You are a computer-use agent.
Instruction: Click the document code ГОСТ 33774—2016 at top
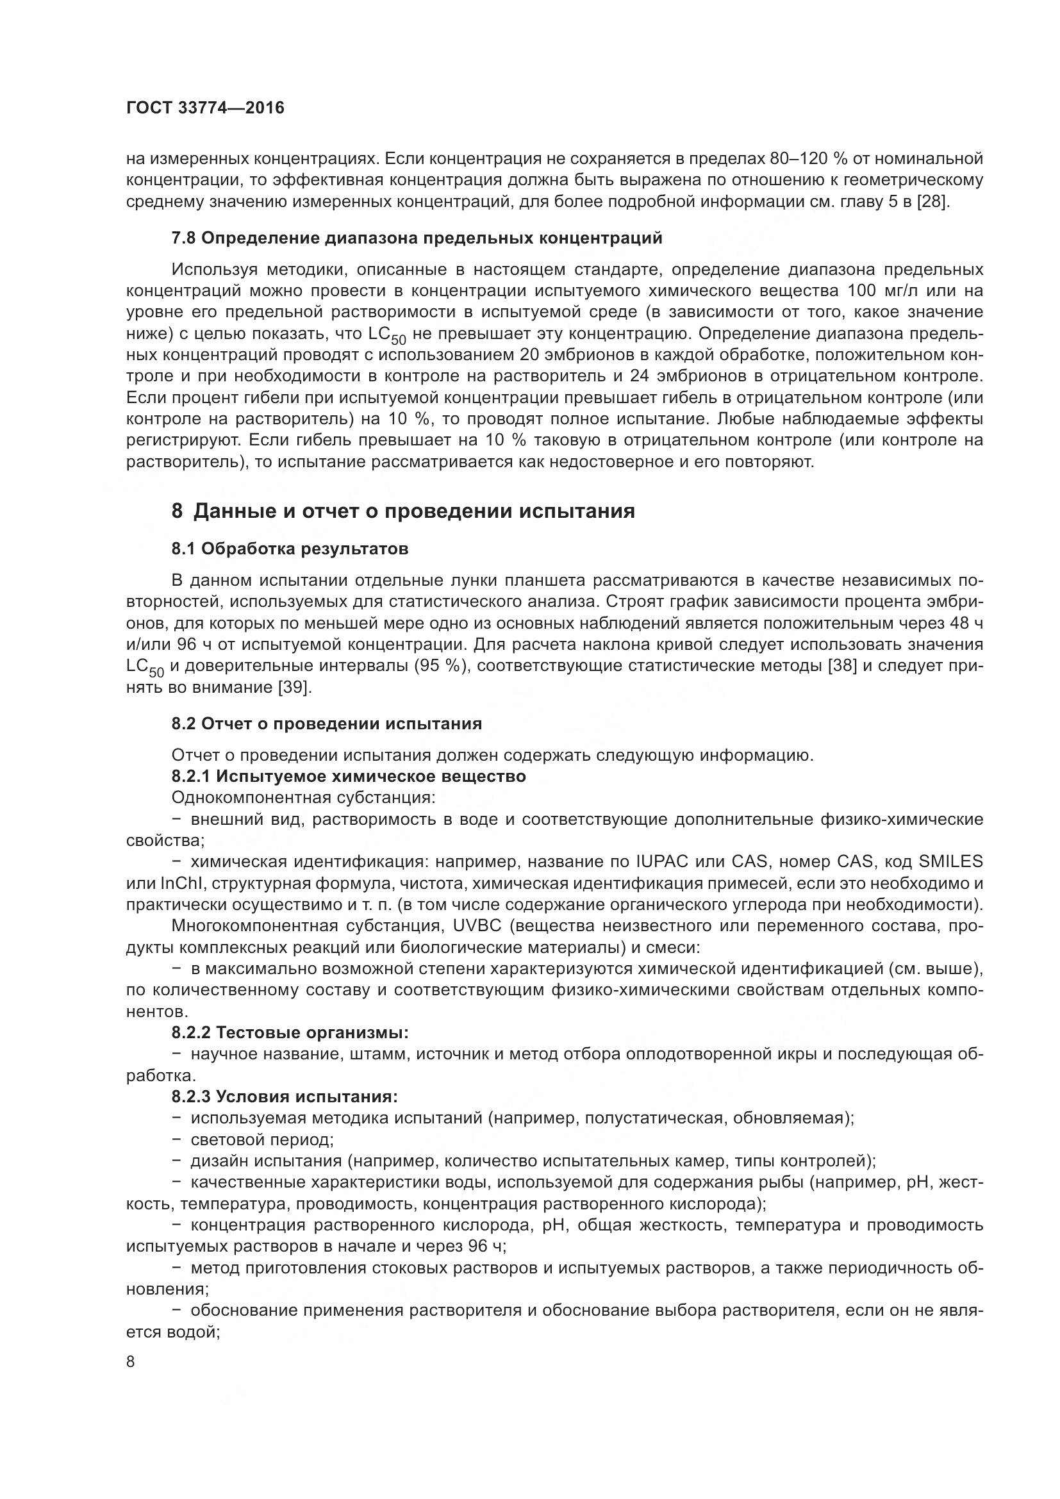(205, 108)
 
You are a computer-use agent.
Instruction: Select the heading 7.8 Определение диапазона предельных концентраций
(417, 238)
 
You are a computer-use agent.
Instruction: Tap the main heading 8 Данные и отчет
(402, 511)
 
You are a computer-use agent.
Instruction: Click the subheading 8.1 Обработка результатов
(290, 549)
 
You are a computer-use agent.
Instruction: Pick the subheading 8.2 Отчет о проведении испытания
(326, 724)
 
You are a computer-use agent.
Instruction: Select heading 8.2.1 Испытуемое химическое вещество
(349, 776)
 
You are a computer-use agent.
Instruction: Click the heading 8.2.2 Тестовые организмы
(290, 1032)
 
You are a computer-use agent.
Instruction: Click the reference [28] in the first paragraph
(932, 201)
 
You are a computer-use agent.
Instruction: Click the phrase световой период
(261, 1139)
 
